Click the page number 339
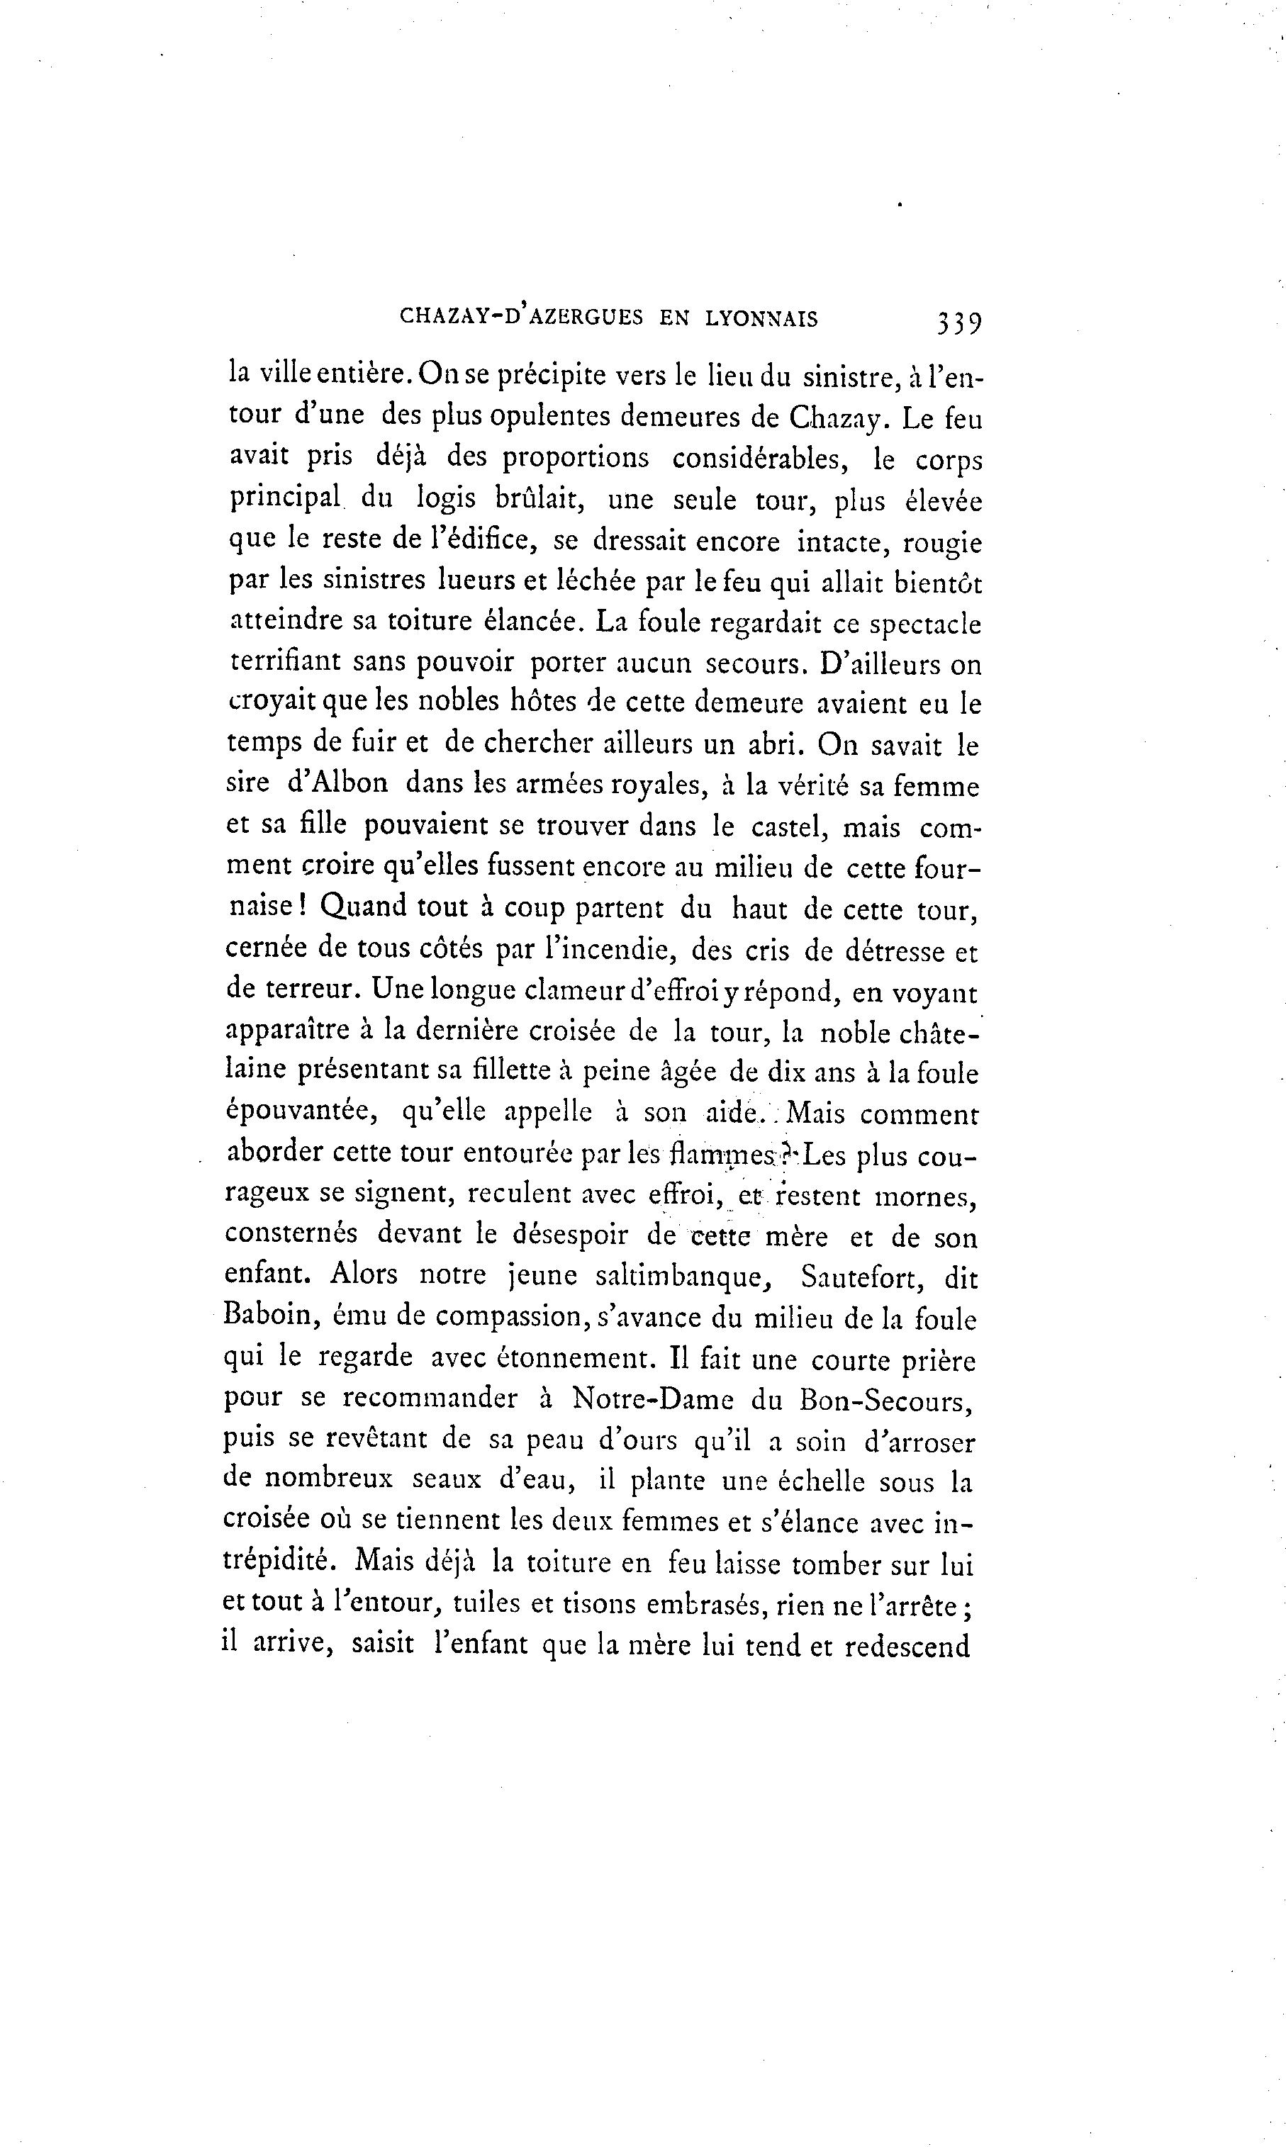tap(958, 323)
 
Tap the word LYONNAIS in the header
tap(761, 319)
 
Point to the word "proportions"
tap(576, 459)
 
